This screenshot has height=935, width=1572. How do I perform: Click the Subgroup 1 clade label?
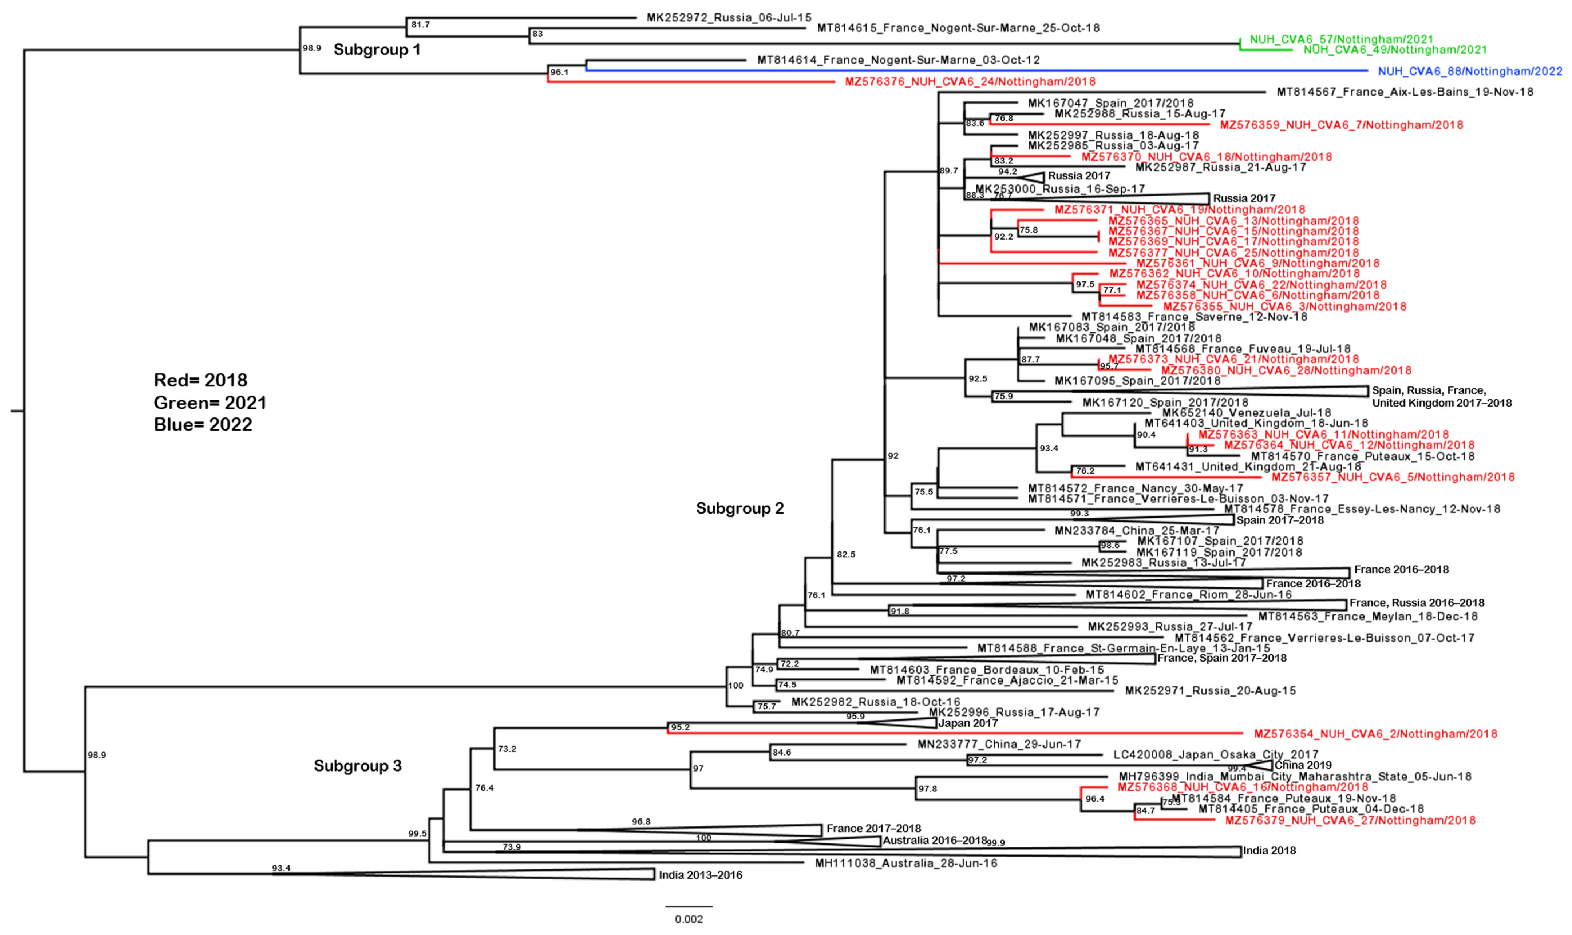377,50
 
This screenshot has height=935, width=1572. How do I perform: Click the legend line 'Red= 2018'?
200,380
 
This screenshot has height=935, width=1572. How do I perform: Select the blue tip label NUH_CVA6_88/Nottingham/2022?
1469,71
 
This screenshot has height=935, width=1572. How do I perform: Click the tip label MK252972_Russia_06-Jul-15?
729,18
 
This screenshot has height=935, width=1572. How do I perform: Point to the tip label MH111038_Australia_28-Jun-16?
906,863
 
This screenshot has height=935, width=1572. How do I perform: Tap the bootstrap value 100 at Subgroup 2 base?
735,685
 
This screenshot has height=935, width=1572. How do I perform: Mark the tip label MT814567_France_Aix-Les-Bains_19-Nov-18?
1405,92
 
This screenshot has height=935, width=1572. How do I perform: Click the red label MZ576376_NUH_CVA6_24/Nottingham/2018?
970,82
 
